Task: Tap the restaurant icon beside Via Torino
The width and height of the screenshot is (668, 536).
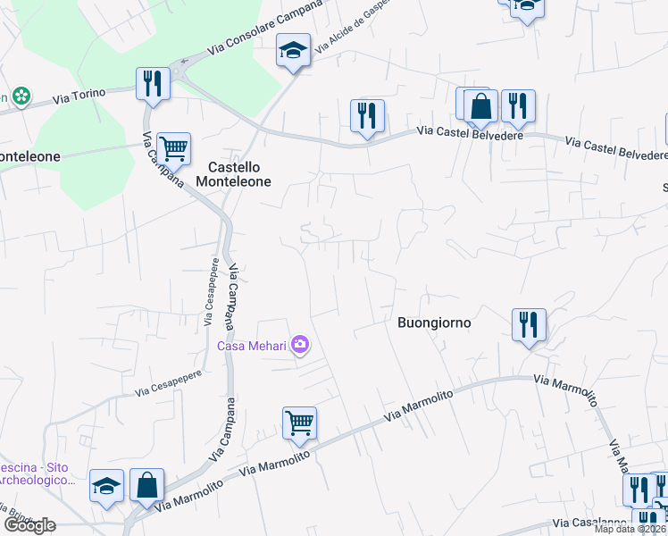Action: (x=152, y=84)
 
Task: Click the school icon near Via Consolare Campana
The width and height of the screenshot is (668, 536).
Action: (x=293, y=50)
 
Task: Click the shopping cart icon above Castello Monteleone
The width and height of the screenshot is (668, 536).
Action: (x=173, y=148)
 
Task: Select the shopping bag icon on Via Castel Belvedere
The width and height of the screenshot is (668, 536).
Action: (x=480, y=105)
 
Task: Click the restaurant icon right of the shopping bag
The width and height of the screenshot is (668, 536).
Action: (x=517, y=105)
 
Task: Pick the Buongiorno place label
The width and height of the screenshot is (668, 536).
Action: (x=433, y=322)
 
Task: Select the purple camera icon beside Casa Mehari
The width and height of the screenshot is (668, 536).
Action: (x=300, y=345)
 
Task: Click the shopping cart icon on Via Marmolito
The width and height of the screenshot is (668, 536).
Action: (x=299, y=423)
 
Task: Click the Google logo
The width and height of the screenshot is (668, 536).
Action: (x=29, y=525)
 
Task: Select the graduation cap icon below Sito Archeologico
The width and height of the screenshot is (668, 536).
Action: (x=107, y=487)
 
